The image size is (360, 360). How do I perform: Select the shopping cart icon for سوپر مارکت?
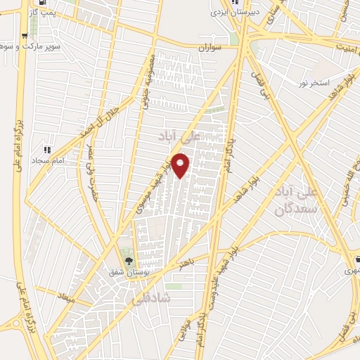[x=25, y=35]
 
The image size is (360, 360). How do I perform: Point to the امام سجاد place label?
[x=47, y=161]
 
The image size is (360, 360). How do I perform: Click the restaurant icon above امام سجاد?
[x=47, y=150]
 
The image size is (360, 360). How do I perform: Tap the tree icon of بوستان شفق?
[x=127, y=261]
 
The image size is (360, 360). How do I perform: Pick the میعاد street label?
[x=65, y=298]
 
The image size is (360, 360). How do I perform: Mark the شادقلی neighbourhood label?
[x=146, y=297]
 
